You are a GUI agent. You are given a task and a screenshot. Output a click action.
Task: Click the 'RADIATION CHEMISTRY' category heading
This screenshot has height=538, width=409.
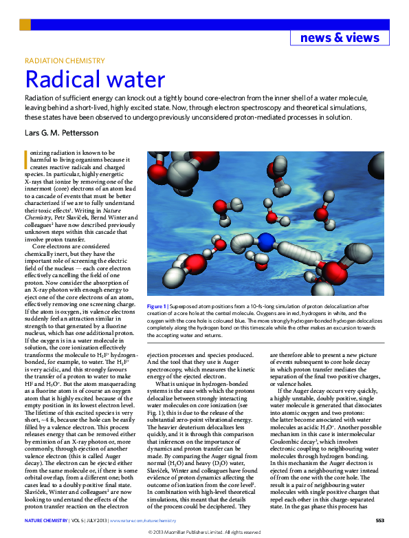click(65, 61)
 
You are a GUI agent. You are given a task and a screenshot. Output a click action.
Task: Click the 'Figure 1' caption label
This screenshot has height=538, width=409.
click(157, 305)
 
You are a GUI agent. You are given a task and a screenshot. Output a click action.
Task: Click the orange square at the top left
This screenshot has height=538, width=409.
click(25, 25)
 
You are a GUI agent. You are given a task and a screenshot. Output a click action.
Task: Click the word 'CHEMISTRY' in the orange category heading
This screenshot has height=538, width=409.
click(86, 61)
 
